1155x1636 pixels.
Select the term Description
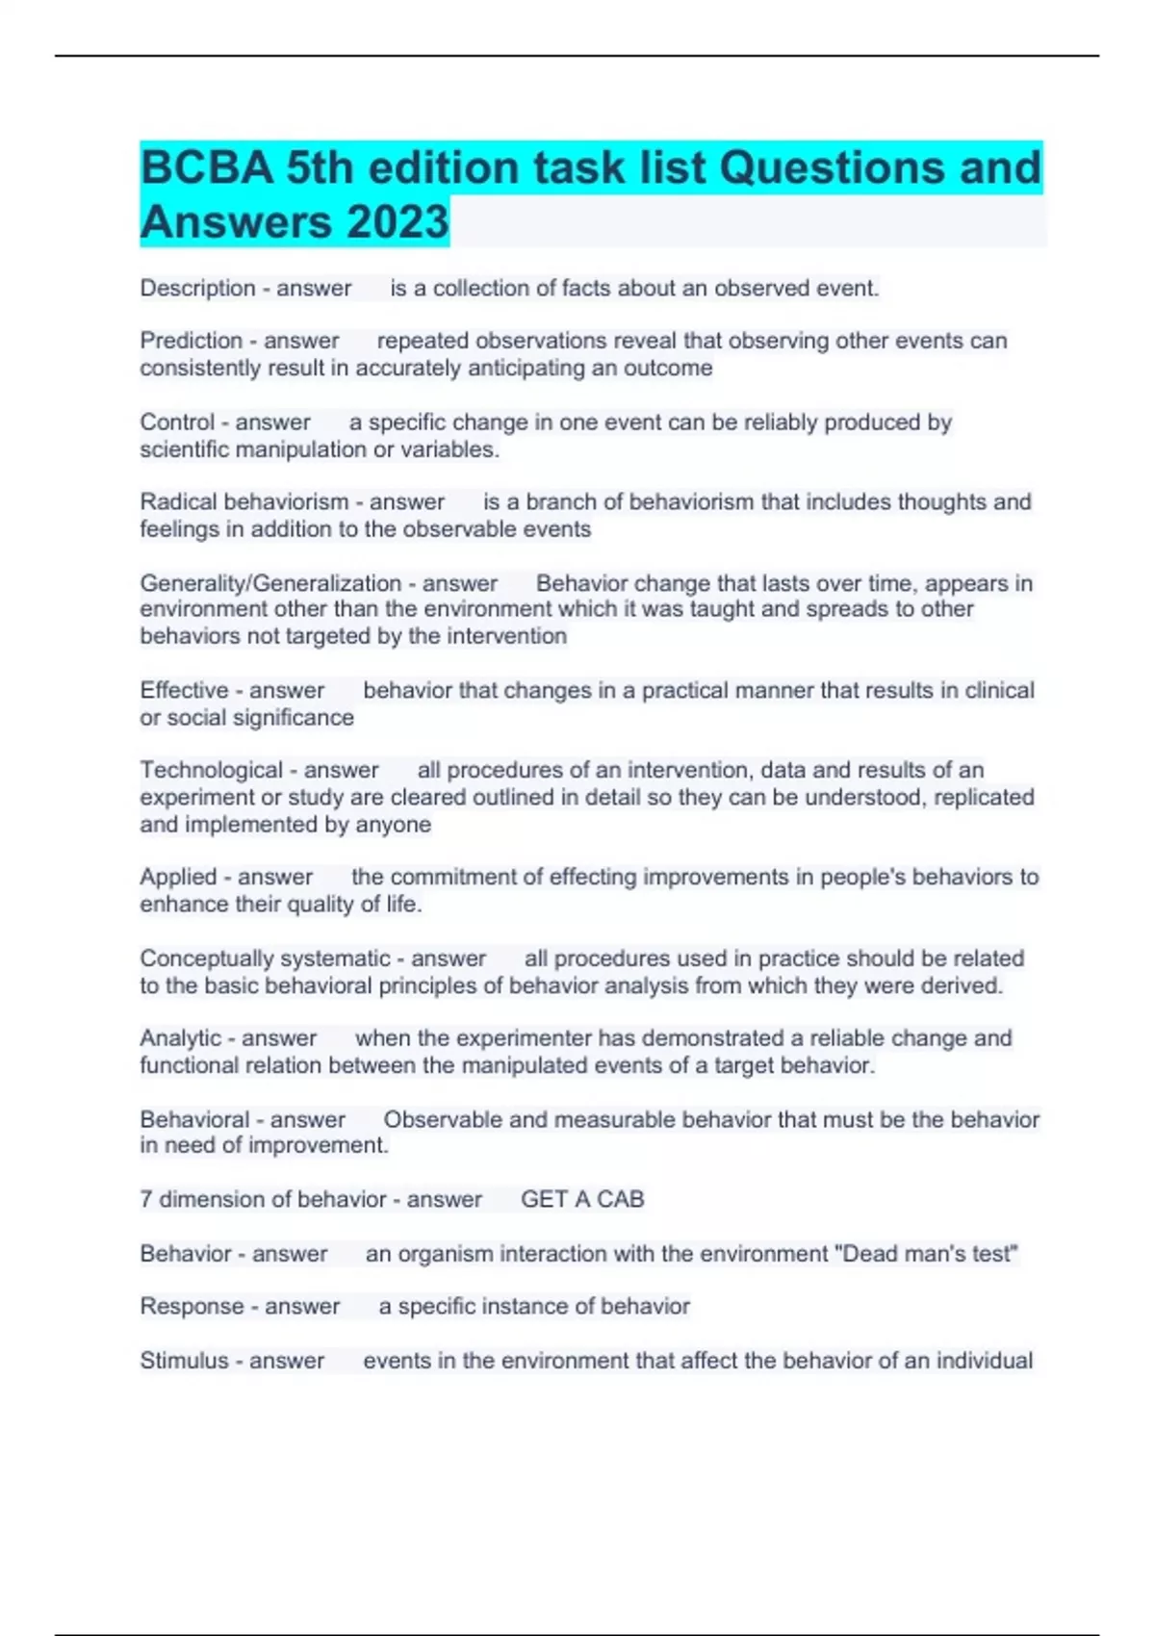point(197,288)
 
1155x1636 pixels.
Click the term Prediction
point(191,341)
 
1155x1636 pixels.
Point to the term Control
point(177,422)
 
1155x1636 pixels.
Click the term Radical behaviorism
point(244,502)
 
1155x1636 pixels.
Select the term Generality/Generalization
point(270,583)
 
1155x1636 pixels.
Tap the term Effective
point(184,690)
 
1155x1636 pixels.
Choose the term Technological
point(211,770)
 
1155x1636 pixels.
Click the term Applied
point(178,877)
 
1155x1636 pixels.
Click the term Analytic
point(181,1038)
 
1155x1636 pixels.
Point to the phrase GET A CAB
point(582,1199)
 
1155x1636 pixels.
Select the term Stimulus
point(184,1361)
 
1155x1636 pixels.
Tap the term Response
point(192,1307)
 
